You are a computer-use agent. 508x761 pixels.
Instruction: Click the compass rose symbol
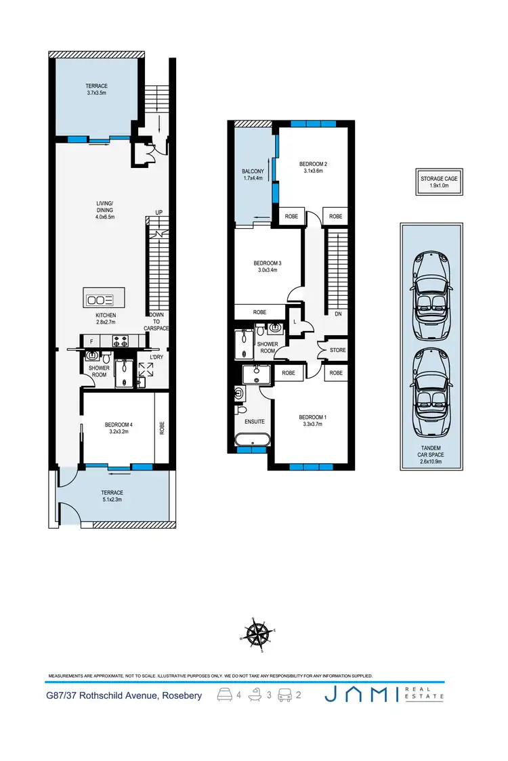click(256, 633)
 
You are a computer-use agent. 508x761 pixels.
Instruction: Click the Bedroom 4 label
click(119, 428)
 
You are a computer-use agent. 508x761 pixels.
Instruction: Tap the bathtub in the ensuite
click(252, 441)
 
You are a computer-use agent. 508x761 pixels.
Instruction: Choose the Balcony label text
click(253, 175)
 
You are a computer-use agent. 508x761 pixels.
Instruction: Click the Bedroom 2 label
click(313, 167)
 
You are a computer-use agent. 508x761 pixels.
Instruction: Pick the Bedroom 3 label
click(267, 266)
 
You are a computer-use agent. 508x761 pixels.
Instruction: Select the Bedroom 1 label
click(313, 420)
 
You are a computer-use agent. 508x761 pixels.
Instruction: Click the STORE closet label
click(337, 350)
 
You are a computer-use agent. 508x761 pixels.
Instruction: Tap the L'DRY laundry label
click(148, 357)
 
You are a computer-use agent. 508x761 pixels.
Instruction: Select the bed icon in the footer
click(223, 695)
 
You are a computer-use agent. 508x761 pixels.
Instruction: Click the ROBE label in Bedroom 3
click(259, 312)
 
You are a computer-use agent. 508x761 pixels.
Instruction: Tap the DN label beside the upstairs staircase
click(337, 313)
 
